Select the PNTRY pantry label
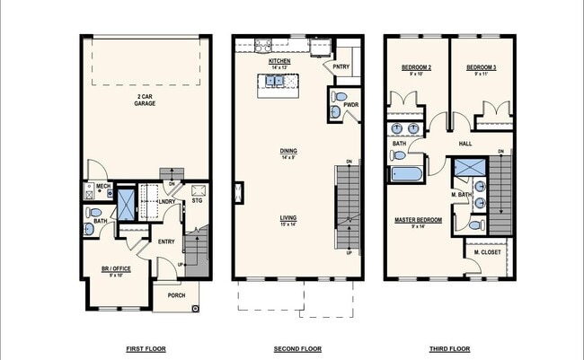click(341, 66)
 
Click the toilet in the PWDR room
click(339, 98)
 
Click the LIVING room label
click(288, 217)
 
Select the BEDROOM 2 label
click(415, 68)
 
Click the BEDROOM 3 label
click(482, 68)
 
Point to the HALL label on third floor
click(465, 143)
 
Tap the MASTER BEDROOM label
click(419, 219)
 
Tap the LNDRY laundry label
click(166, 202)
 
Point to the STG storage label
click(197, 202)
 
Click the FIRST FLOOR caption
click(146, 348)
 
